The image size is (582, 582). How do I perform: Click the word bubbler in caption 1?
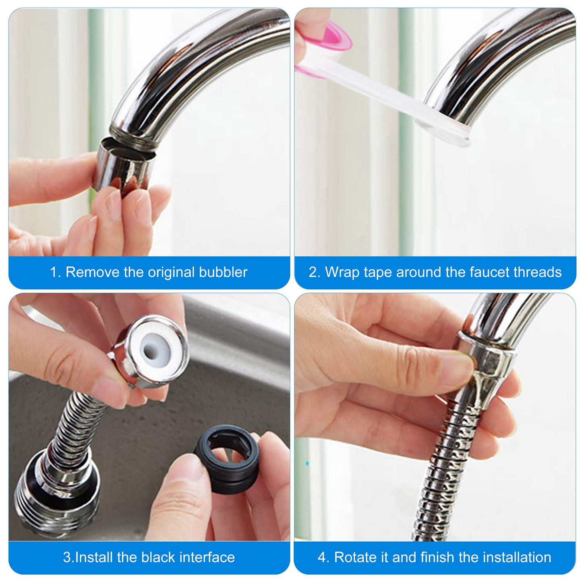tap(223, 272)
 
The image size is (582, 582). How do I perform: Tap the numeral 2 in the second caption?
tap(313, 272)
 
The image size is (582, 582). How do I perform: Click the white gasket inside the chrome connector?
tap(153, 350)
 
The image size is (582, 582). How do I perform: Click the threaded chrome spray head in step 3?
tap(56, 495)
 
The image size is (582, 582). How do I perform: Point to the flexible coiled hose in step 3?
tap(79, 427)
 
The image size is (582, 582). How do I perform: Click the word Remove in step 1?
tap(93, 272)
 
